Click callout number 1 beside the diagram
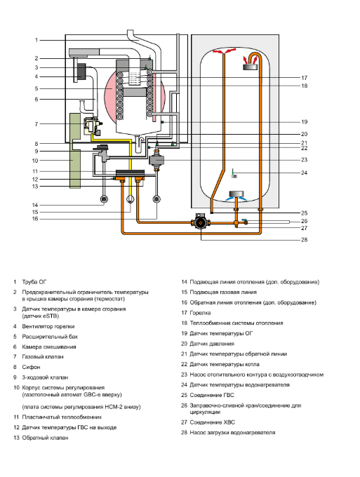tap(36, 40)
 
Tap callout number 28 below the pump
tap(304, 240)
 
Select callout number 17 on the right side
tap(304, 78)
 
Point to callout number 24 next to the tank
tap(304, 173)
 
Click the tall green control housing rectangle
tap(75, 151)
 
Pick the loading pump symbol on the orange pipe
tap(201, 222)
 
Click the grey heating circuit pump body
tap(156, 159)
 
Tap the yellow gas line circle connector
tap(130, 199)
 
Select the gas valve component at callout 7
tap(93, 126)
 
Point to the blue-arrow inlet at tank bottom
tap(236, 196)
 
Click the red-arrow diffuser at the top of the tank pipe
tap(224, 52)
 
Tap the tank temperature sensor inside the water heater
tap(234, 174)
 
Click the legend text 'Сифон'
tap(31, 367)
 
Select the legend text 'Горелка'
tap(200, 313)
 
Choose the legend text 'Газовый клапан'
tap(43, 356)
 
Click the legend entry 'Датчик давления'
tap(212, 344)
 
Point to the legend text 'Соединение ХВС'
tap(213, 422)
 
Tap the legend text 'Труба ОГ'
tap(34, 282)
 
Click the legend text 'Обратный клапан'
tap(45, 438)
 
